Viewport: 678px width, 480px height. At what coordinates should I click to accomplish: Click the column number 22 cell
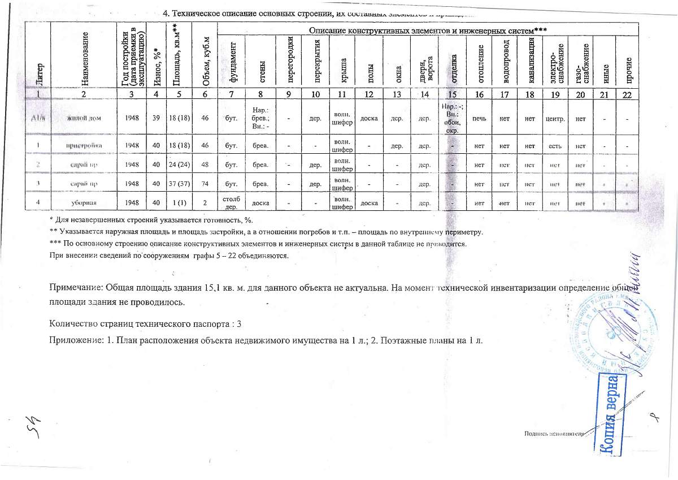tap(625, 94)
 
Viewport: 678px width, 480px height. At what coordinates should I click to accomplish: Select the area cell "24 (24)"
tap(179, 166)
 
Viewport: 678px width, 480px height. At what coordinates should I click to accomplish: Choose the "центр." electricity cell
tap(555, 118)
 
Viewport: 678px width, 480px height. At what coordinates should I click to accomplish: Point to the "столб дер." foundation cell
tap(232, 203)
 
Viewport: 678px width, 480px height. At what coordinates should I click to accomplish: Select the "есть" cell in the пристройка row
tap(555, 146)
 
